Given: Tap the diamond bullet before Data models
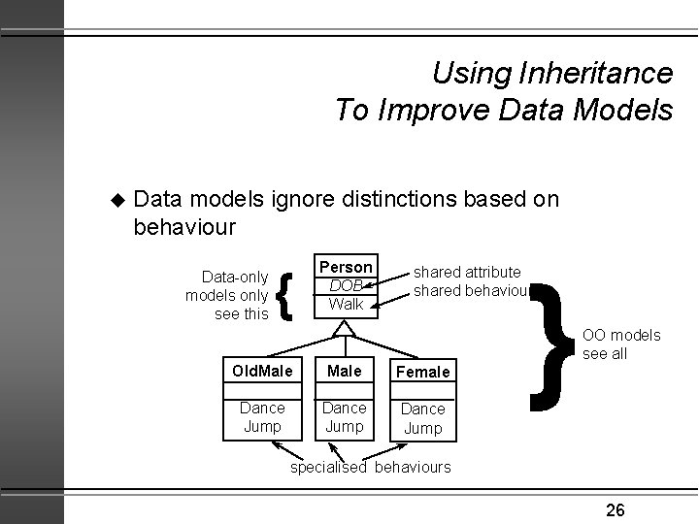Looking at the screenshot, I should (x=119, y=200).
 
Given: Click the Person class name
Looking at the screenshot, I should (x=346, y=267).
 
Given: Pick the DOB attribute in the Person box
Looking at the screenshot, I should (x=345, y=285).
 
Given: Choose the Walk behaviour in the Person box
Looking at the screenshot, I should (x=346, y=304).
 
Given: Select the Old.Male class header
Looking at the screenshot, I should (x=262, y=371).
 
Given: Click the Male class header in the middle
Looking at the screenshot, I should (x=345, y=371).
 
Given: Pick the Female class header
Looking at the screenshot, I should (x=423, y=372).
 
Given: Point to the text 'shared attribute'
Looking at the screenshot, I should (x=467, y=273).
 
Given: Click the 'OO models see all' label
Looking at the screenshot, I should (x=621, y=344).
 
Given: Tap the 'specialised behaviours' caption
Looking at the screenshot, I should (x=372, y=467).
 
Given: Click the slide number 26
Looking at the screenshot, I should (x=615, y=508).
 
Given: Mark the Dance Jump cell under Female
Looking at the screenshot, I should (x=423, y=418).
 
